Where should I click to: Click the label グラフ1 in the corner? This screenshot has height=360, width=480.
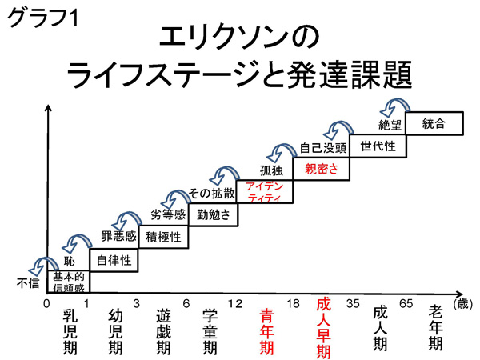click(40, 18)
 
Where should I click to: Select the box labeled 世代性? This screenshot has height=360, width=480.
click(378, 146)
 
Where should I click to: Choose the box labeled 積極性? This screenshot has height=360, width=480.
click(163, 236)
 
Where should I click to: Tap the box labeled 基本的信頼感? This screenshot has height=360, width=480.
click(68, 281)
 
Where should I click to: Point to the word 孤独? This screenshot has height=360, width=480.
click(272, 170)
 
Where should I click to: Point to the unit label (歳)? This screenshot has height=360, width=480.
click(462, 305)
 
